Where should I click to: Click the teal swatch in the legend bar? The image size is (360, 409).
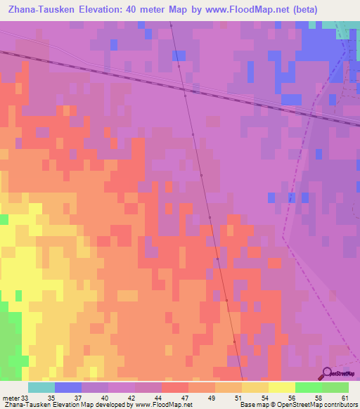(x=41, y=387)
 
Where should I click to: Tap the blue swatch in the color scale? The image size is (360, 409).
(x=68, y=387)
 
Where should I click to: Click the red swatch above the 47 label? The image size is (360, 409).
(x=175, y=387)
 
